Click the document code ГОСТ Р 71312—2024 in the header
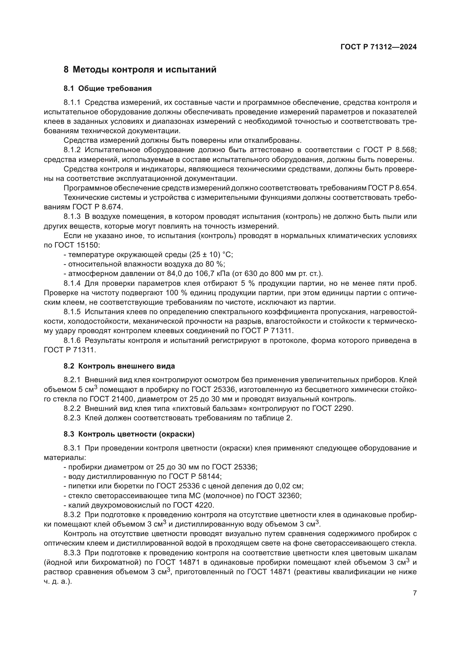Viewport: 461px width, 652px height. pyautogui.click(x=378, y=47)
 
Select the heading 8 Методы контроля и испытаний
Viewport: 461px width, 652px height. pyautogui.click(x=140, y=70)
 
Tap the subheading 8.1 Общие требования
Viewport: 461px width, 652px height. pyautogui.click(x=108, y=89)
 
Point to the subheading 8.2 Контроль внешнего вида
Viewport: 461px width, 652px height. pyautogui.click(x=119, y=366)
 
